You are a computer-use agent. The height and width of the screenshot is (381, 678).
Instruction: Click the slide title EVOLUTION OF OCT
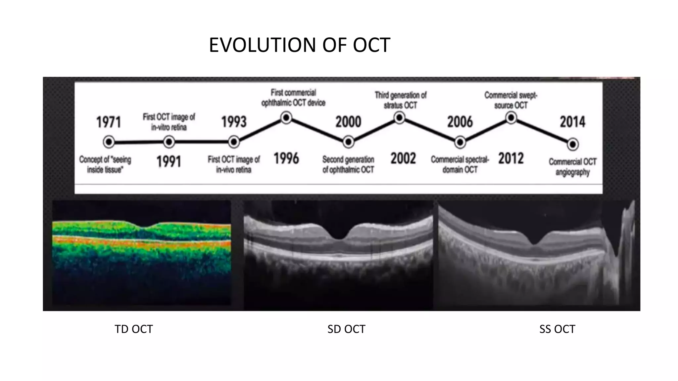(300, 45)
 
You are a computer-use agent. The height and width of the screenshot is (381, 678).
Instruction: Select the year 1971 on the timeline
(109, 122)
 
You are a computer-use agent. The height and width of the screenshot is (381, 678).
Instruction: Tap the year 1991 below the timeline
(169, 162)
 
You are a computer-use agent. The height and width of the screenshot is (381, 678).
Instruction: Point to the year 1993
(234, 122)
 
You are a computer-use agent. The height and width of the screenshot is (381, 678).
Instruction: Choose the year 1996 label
(286, 158)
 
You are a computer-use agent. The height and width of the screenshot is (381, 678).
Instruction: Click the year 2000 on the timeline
(348, 122)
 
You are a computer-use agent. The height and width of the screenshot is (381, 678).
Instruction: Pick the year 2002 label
(403, 158)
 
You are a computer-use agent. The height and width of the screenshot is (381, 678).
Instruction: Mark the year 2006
(460, 122)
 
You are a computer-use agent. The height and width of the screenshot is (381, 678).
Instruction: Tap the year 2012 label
(511, 158)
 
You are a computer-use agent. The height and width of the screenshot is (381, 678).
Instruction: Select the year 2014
(572, 122)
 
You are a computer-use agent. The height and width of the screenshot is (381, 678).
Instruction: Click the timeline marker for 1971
(109, 142)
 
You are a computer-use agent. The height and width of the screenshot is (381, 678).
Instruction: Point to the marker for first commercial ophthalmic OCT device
(286, 118)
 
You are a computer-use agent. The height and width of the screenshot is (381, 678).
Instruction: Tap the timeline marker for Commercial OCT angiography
(572, 145)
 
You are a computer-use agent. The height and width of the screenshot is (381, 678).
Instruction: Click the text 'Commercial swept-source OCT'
(511, 100)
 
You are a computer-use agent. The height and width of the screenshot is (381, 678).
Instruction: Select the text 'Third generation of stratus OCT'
(400, 100)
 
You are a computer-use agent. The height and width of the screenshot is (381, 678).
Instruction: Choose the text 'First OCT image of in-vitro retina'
(169, 122)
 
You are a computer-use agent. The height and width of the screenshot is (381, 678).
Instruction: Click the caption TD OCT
(134, 329)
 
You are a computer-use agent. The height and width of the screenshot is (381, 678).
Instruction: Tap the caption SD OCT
(346, 329)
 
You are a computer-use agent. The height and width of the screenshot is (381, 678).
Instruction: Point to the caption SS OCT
(557, 329)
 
